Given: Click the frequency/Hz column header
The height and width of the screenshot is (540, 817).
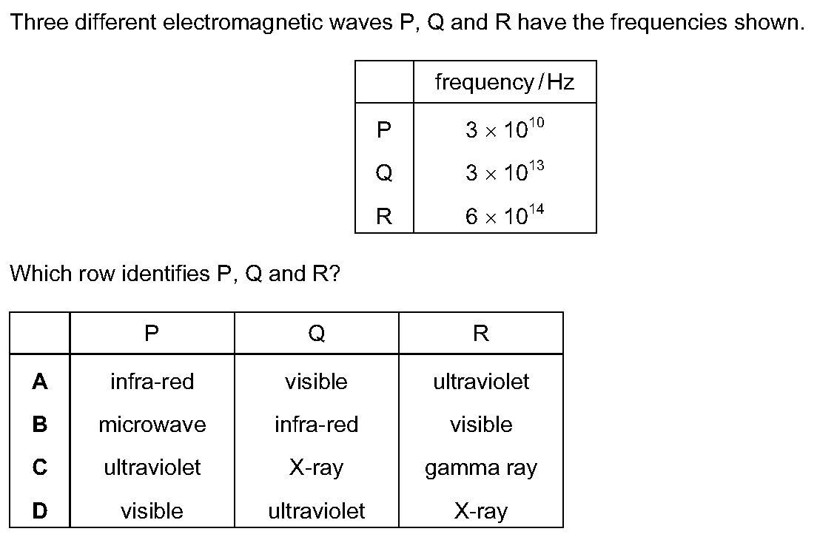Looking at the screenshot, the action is tap(505, 82).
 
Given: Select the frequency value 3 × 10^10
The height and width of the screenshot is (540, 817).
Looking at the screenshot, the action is tap(505, 128).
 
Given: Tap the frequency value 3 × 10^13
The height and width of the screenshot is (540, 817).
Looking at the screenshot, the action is tap(505, 172).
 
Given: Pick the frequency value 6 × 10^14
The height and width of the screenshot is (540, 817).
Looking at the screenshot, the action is tap(505, 215).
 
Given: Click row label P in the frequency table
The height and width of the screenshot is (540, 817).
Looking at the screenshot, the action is tap(384, 129).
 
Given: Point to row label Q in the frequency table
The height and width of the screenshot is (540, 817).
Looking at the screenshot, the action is tap(384, 172).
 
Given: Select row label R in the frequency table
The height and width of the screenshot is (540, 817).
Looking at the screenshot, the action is tap(384, 215).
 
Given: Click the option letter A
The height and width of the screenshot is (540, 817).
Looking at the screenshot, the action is tap(40, 382).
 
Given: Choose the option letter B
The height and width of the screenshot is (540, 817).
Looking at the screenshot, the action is tap(40, 425).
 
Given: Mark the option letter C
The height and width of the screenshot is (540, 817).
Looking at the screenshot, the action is tap(40, 467).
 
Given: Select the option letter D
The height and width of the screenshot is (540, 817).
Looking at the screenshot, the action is tap(40, 511).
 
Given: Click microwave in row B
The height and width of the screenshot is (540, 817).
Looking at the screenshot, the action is tap(152, 425).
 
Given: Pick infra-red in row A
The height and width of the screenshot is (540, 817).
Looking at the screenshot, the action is tap(152, 382).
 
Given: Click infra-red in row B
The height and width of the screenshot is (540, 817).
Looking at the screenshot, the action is tap(316, 425).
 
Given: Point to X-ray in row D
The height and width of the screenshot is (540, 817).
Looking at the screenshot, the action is tap(480, 512).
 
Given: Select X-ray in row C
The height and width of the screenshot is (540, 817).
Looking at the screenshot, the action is tap(316, 468).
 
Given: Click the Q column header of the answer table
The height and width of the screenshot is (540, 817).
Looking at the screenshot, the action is tap(316, 333).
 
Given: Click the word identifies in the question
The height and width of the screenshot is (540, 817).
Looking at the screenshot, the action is tap(165, 274).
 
